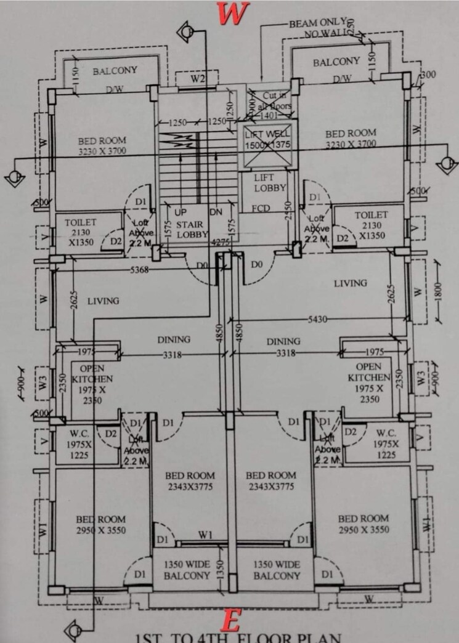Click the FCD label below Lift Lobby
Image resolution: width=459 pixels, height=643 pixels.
pyautogui.click(x=261, y=209)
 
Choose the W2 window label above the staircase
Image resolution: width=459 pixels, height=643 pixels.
pyautogui.click(x=197, y=79)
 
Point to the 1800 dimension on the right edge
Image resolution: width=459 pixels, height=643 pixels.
pyautogui.click(x=438, y=291)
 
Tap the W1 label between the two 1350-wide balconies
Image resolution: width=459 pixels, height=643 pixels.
pyautogui.click(x=206, y=535)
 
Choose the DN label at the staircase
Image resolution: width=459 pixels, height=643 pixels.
pyautogui.click(x=216, y=211)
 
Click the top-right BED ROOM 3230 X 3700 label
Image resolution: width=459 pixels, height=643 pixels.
pyautogui.click(x=351, y=138)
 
